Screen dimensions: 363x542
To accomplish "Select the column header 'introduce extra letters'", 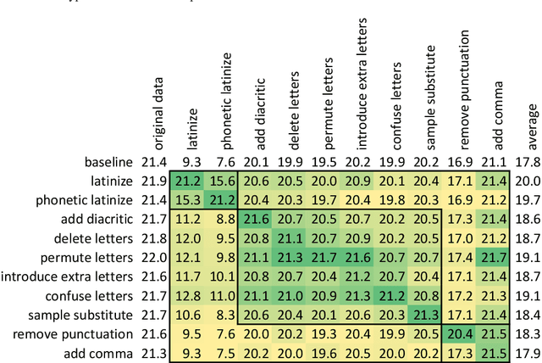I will click(x=357, y=71).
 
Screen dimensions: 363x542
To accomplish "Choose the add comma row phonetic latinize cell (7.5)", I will click(x=223, y=354).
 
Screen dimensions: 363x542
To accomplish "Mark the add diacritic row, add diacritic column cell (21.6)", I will click(x=257, y=220).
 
